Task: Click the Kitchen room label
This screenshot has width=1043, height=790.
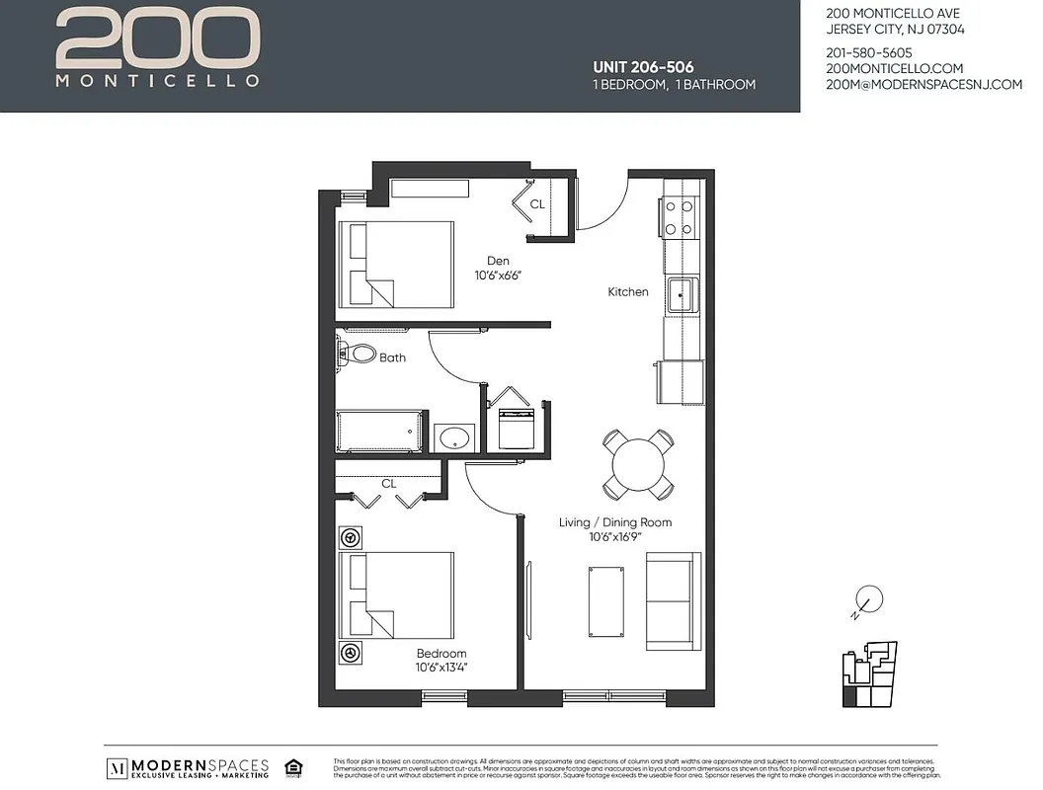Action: pyautogui.click(x=627, y=291)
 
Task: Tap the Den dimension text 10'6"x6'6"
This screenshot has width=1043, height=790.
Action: pyautogui.click(x=498, y=276)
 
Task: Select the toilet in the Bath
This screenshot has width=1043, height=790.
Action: pyautogui.click(x=358, y=353)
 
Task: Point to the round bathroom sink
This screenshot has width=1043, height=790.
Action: pyautogui.click(x=454, y=437)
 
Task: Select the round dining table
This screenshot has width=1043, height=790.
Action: pyautogui.click(x=638, y=463)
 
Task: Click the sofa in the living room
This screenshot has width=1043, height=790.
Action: pyautogui.click(x=675, y=600)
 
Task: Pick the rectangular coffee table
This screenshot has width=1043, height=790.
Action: pyautogui.click(x=605, y=602)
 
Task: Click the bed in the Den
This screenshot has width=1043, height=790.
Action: pyautogui.click(x=396, y=264)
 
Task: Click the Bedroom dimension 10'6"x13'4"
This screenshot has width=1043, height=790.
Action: pyautogui.click(x=441, y=668)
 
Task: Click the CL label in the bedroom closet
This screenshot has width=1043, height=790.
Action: pyautogui.click(x=389, y=484)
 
